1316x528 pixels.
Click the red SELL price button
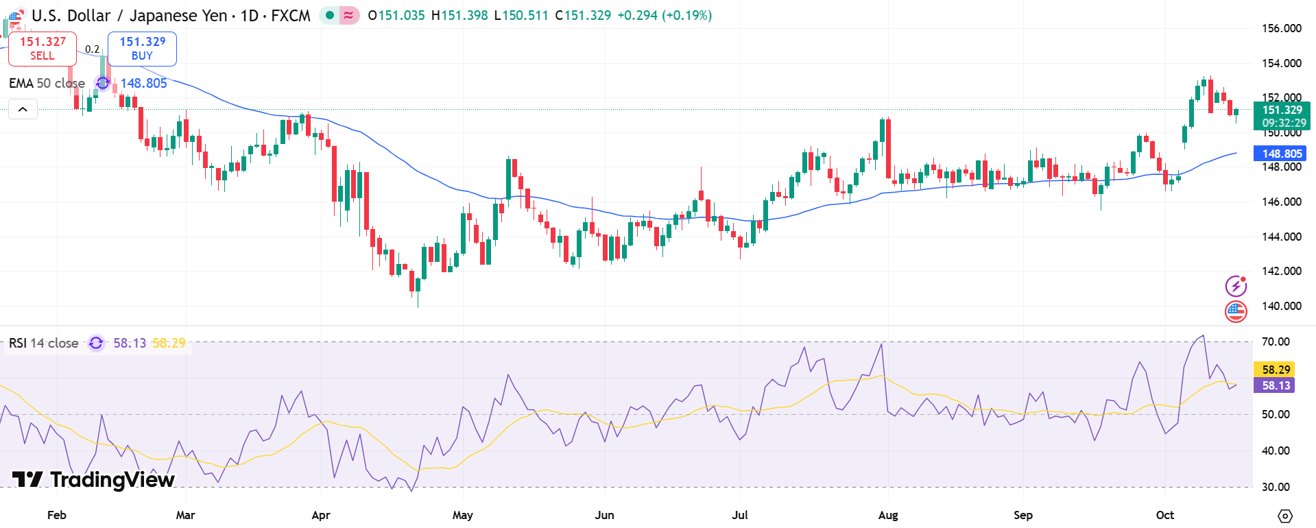pyautogui.click(x=43, y=48)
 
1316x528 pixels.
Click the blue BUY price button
pyautogui.click(x=142, y=48)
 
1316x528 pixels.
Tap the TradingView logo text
pyautogui.click(x=94, y=479)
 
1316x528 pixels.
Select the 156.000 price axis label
pyautogui.click(x=1281, y=28)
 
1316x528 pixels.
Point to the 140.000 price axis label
pyautogui.click(x=1281, y=306)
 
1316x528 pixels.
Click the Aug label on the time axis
pyautogui.click(x=888, y=515)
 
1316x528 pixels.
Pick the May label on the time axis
pyautogui.click(x=463, y=515)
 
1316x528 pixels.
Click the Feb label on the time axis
pyautogui.click(x=57, y=515)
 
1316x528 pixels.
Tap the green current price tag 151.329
pyautogui.click(x=1281, y=116)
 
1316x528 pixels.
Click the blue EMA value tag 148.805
pyautogui.click(x=1280, y=154)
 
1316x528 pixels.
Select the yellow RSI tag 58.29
pyautogui.click(x=1276, y=370)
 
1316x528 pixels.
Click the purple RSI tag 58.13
pyautogui.click(x=1276, y=385)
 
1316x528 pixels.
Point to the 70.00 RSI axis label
pyautogui.click(x=1276, y=341)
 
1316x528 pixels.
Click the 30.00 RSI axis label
pyautogui.click(x=1276, y=487)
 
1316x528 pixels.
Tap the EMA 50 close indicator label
pyautogui.click(x=47, y=83)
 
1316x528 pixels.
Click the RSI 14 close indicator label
pyautogui.click(x=43, y=343)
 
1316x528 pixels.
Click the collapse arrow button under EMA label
pyautogui.click(x=23, y=109)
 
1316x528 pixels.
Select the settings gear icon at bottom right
pyautogui.click(x=1285, y=516)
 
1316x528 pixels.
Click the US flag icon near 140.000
pyautogui.click(x=1236, y=311)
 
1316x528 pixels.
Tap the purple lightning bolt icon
pyautogui.click(x=1236, y=285)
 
